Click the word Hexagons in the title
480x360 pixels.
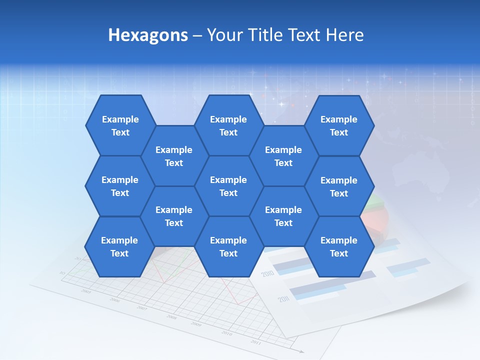148,35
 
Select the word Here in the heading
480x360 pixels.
344,35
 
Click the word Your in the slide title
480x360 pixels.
223,35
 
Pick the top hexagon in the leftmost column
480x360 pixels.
120,125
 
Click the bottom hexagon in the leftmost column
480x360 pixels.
119,247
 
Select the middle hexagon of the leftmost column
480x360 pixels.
120,186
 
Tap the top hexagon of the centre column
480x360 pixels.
228,125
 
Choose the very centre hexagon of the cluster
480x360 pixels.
228,186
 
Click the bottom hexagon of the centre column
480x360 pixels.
228,247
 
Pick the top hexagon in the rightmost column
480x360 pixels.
339,125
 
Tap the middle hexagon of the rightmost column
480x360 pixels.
339,186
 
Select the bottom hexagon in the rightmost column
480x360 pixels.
339,247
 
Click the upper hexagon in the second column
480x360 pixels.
174,156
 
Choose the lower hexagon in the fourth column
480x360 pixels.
283,216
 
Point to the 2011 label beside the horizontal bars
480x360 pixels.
284,299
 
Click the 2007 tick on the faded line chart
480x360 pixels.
142,308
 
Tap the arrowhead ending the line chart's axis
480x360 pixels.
301,351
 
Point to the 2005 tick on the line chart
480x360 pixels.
86,290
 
